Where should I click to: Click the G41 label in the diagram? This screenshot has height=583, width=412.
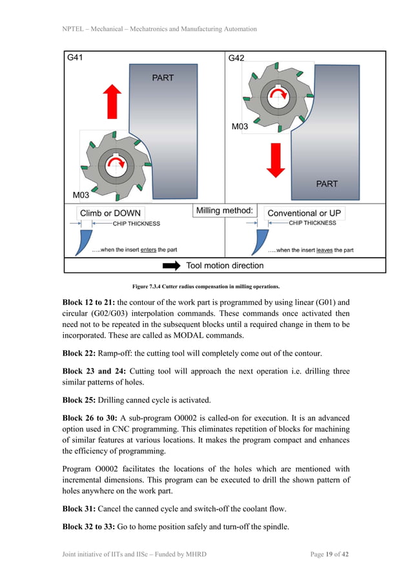pos(76,57)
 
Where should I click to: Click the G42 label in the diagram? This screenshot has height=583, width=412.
pos(236,58)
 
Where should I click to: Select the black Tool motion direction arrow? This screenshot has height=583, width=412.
pos(171,266)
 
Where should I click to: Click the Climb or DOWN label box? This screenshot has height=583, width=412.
pos(110,213)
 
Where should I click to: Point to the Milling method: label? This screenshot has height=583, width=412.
pos(224,211)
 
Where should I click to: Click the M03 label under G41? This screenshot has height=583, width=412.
pos(81,195)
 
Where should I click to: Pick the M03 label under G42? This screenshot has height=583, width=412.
pos(240,127)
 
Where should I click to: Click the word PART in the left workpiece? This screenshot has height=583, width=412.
pos(163,78)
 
